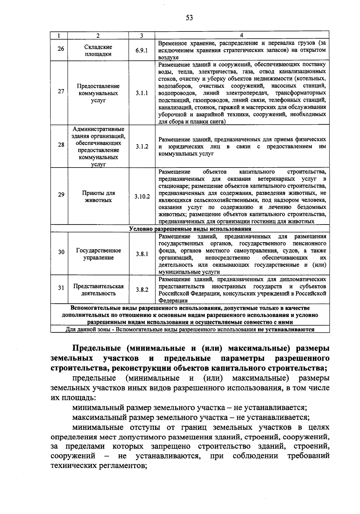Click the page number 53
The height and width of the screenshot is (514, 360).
pos(189,18)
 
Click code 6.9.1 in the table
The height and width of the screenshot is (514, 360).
pos(142,50)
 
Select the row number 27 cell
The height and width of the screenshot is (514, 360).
pos(61,91)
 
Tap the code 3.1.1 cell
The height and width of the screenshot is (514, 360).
pos(142,93)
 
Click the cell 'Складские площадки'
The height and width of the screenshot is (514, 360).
pos(98,50)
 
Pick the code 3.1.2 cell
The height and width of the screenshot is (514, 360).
pos(142,147)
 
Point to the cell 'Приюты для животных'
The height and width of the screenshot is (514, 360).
pos(98,197)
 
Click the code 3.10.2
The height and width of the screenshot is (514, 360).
pos(142,197)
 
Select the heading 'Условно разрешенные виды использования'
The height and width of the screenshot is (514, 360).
pos(190,229)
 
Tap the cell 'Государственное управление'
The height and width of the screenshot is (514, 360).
pos(98,254)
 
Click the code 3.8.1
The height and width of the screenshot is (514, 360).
pos(142,254)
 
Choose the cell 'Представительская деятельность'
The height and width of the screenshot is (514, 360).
pos(98,290)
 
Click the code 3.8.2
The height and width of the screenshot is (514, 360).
pos(142,290)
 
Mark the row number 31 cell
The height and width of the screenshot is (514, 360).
pos(61,288)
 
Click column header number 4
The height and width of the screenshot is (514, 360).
pos(242,35)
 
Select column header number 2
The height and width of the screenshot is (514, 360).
pos(98,35)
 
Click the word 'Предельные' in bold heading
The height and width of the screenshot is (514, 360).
pos(96,349)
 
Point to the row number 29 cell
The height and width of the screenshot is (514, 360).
pos(61,195)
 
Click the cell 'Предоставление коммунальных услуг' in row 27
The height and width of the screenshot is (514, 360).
pos(98,93)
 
